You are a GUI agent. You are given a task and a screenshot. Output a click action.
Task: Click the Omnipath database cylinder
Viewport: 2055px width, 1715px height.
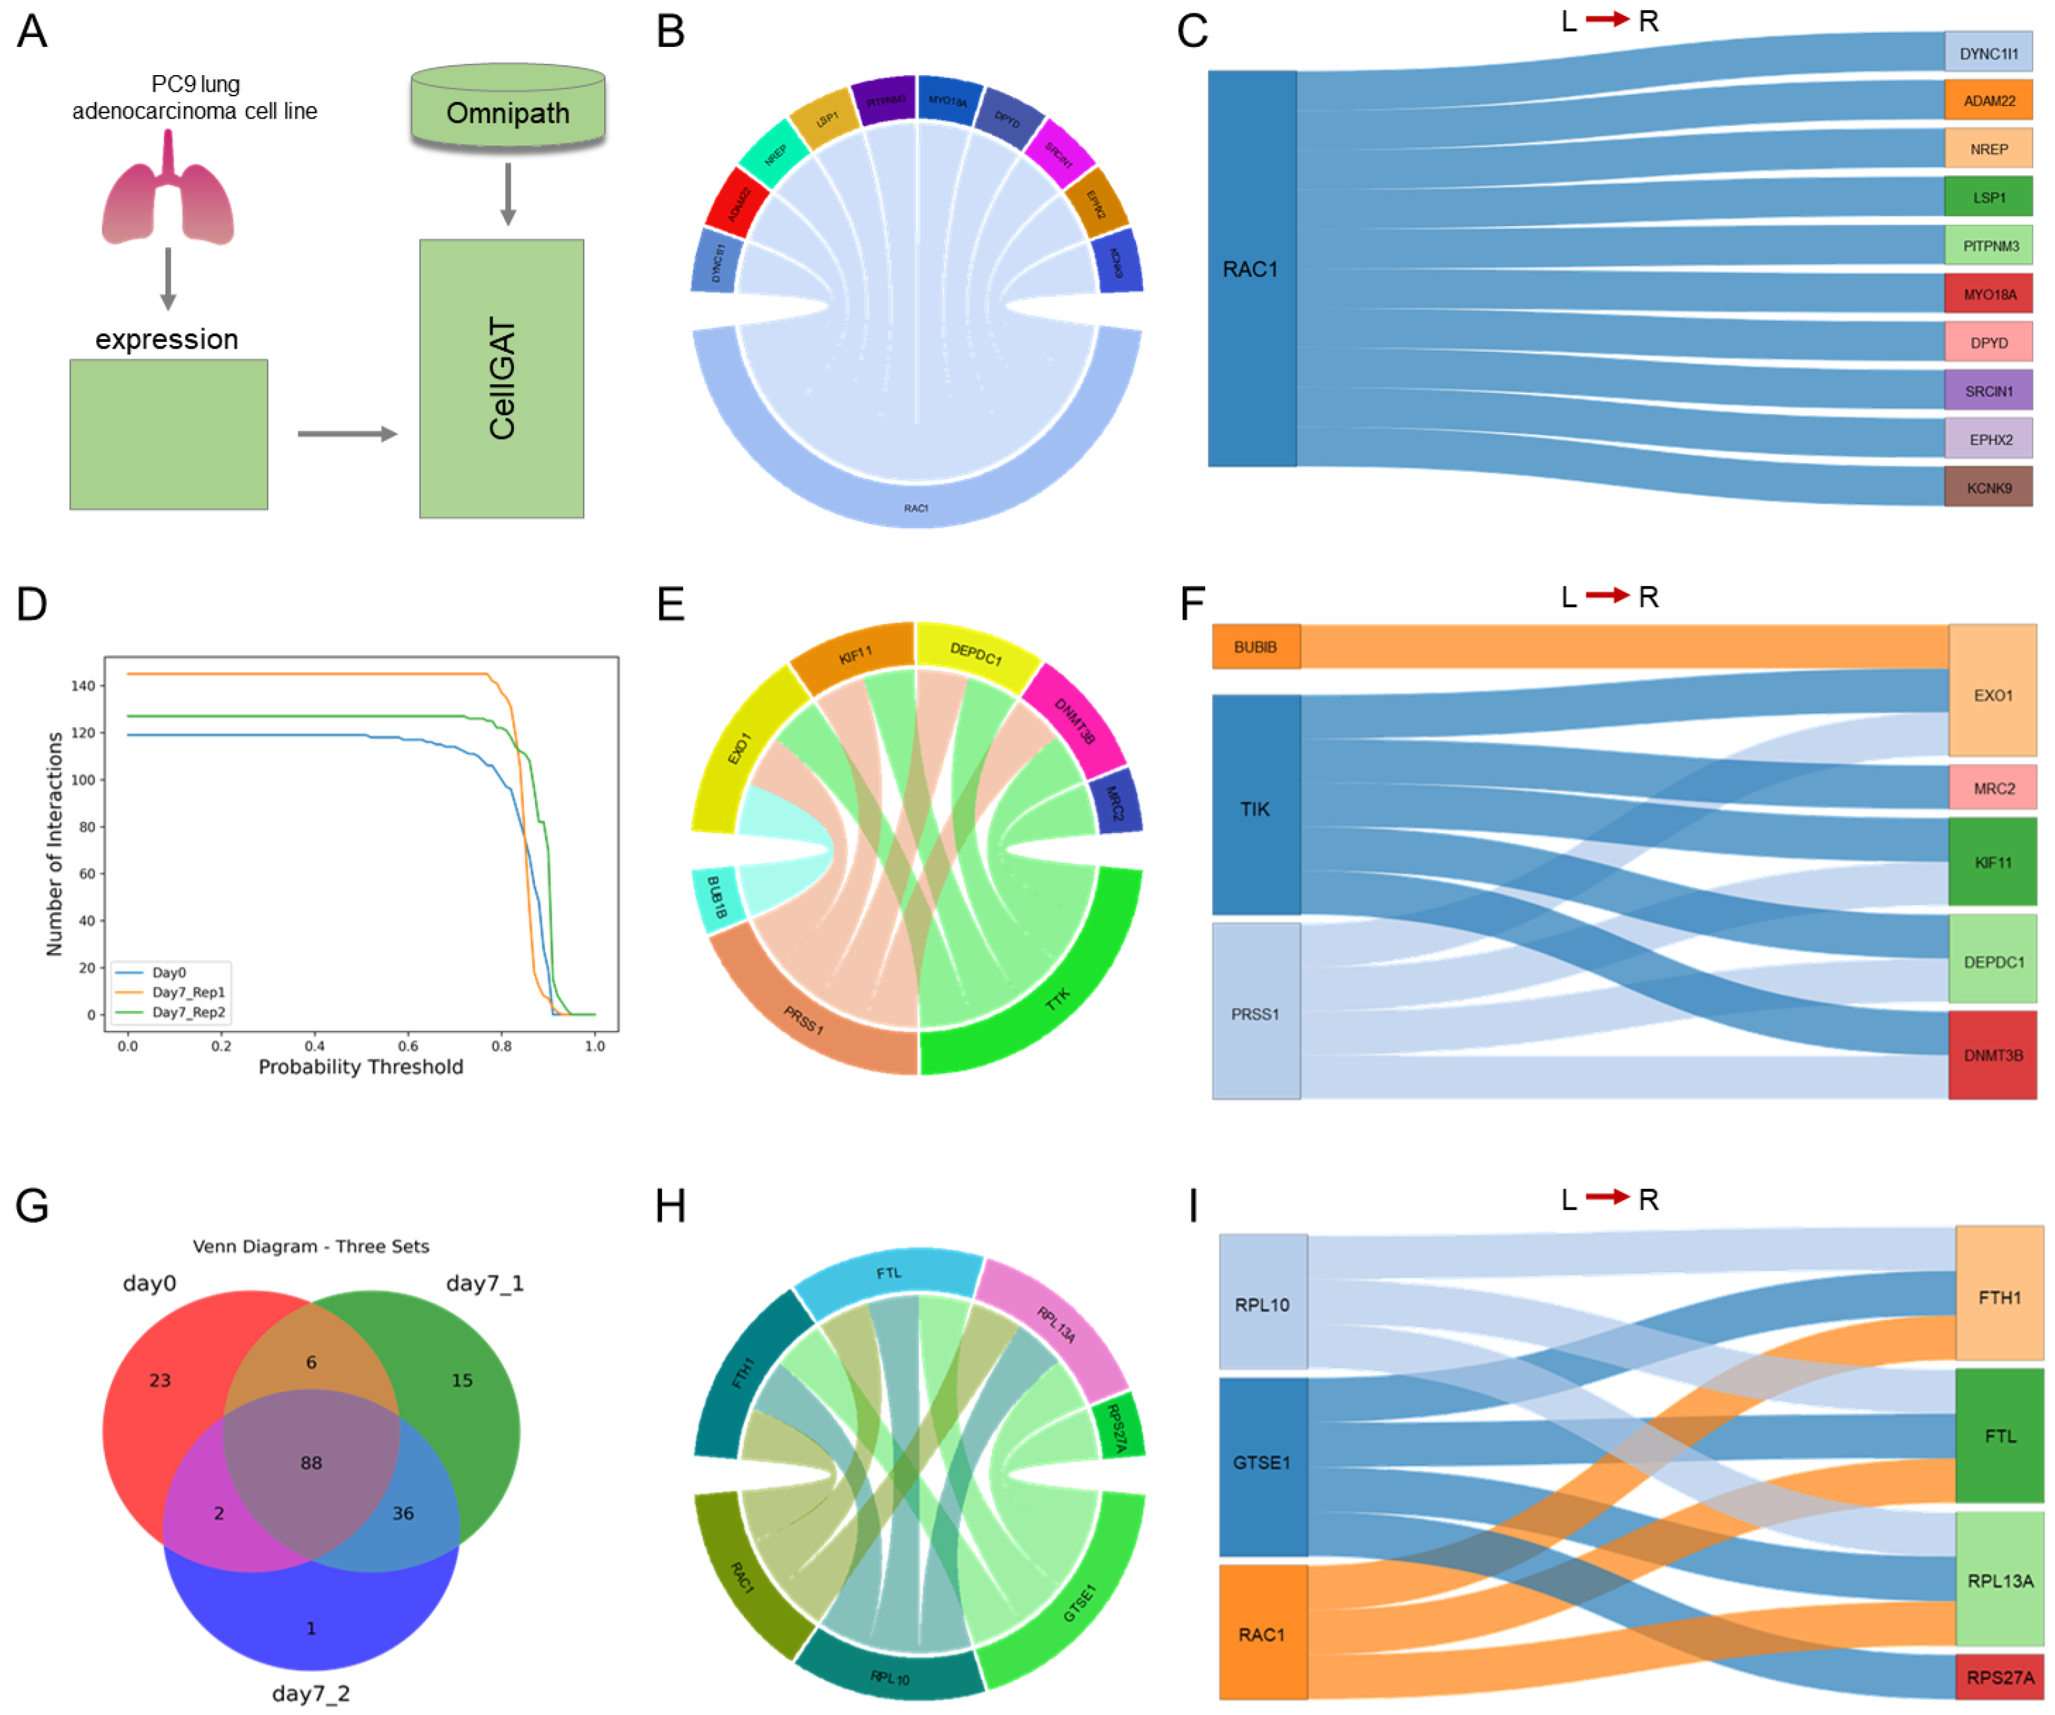[508, 107]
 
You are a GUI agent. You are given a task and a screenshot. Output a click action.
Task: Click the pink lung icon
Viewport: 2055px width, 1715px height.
[168, 196]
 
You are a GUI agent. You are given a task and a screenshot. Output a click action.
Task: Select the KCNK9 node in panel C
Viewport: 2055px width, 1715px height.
[1988, 488]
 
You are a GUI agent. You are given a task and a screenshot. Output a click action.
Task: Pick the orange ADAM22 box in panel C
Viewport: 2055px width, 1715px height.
[1988, 101]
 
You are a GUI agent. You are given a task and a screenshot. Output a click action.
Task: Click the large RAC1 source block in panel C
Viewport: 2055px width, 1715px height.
[1252, 268]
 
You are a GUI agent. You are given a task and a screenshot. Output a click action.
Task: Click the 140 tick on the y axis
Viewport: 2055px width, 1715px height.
[83, 685]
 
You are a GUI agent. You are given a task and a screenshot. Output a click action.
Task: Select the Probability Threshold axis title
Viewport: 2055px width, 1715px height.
[361, 1067]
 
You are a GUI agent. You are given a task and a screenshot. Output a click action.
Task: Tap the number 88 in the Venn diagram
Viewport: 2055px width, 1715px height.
[311, 1463]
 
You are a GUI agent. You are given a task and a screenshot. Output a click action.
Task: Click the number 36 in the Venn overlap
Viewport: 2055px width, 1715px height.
[403, 1513]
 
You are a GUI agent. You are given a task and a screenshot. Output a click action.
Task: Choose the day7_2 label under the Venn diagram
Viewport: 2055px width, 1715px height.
[311, 1693]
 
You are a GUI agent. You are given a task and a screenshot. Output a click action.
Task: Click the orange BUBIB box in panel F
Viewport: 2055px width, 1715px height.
[1256, 647]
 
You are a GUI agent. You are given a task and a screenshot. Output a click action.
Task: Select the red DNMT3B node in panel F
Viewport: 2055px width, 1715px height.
[1992, 1055]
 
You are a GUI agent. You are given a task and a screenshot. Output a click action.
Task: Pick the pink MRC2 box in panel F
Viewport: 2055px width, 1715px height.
[1992, 788]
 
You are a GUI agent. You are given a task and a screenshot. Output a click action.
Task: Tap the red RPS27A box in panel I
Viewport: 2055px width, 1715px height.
[1999, 1678]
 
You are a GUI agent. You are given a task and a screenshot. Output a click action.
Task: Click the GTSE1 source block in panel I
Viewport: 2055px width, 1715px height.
[1262, 1463]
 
